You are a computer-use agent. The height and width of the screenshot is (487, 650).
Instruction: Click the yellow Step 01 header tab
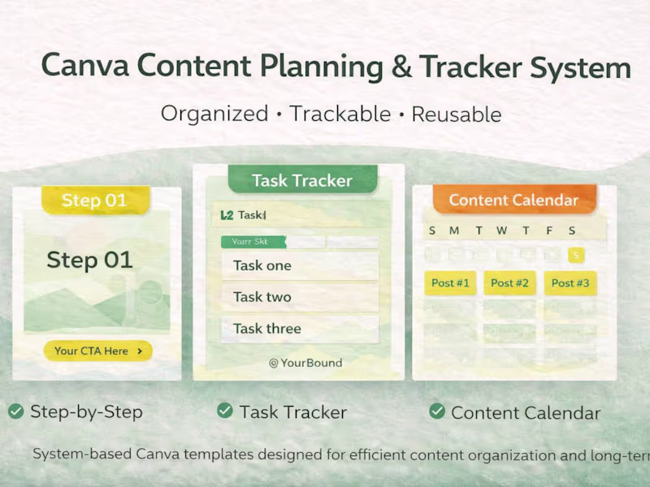96,200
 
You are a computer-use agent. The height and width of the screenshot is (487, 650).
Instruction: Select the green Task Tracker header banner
302,180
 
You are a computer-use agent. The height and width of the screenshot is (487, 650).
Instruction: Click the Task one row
299,265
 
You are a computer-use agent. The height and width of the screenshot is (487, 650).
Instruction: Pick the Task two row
299,297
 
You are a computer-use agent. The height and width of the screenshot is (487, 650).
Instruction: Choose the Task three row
299,329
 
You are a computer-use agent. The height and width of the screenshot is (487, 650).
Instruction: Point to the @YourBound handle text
305,363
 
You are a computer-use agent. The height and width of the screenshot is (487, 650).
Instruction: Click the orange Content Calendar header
513,200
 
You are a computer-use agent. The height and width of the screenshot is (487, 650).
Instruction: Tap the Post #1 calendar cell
450,283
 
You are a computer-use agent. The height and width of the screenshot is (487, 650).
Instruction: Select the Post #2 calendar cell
509,283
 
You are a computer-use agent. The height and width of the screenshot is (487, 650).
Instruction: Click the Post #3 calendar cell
570,283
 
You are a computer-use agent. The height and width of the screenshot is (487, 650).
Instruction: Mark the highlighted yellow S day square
575,256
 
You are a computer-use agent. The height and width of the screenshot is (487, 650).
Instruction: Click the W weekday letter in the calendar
501,231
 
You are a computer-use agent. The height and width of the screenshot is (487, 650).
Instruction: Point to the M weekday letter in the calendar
454,231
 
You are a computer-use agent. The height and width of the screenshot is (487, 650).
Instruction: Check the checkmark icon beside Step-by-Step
15,412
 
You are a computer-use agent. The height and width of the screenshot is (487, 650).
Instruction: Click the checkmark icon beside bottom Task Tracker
225,412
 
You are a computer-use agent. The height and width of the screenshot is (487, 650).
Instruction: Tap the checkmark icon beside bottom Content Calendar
437,412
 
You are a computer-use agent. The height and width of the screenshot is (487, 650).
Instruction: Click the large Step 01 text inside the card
89,260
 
